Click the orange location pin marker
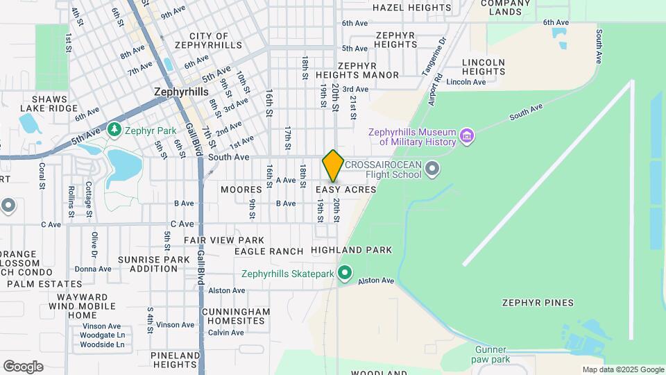(333, 166)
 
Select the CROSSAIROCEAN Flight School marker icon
(433, 169)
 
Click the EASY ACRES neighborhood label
(345, 190)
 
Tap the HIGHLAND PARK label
(351, 250)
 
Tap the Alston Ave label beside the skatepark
(376, 281)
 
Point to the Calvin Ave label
(226, 333)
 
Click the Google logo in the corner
(23, 366)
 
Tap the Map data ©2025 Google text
(622, 370)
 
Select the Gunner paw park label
(493, 354)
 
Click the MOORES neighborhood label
(241, 190)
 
